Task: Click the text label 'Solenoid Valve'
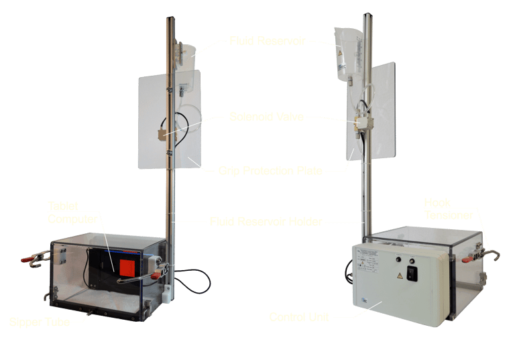pos(266,117)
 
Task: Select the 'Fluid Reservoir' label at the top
pos(267,42)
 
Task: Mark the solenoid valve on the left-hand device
pos(163,135)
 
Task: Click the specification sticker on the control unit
pos(371,261)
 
